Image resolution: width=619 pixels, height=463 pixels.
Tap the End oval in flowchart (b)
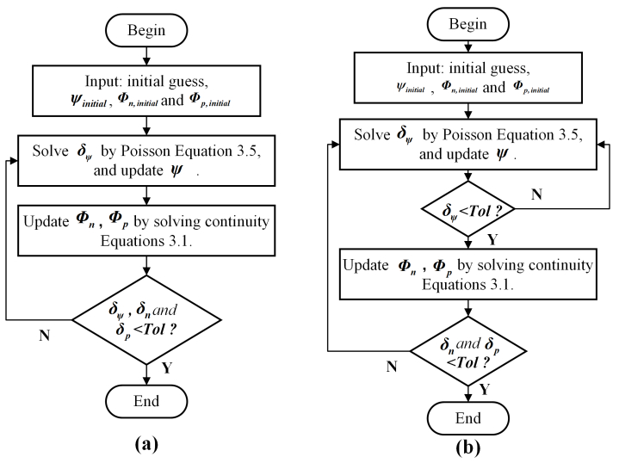pos(467,417)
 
